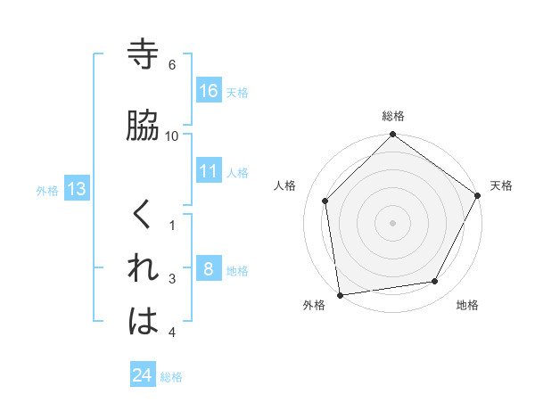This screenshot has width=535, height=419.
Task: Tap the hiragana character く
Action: coord(143,215)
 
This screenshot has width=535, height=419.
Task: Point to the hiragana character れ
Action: coord(144,267)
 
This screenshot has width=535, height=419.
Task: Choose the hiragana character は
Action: coord(144,322)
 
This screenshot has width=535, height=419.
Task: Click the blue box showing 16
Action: coord(209,91)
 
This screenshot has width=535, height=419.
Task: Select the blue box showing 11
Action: coord(209,171)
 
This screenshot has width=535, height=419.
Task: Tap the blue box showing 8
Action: coord(209,269)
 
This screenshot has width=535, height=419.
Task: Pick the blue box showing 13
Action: coord(76,189)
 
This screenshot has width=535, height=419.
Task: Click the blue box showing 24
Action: coord(143,375)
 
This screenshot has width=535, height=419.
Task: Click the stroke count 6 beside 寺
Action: coord(172,65)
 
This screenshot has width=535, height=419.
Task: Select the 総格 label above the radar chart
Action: coord(393,116)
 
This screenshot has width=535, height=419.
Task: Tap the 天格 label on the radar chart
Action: coord(501,185)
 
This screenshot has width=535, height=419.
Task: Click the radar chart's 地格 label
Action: coord(467,305)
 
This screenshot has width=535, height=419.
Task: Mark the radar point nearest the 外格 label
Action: coord(341,294)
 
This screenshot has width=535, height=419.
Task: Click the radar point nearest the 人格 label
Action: coord(325,201)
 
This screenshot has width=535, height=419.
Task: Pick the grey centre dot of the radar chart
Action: coord(392,222)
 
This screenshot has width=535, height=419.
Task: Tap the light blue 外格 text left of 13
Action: coord(47,190)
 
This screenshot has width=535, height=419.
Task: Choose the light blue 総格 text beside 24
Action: coord(171,377)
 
